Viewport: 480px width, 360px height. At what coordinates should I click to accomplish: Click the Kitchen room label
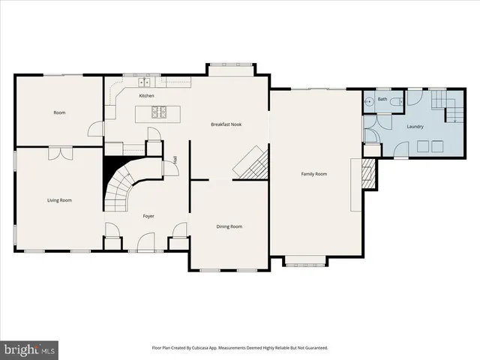click(x=147, y=96)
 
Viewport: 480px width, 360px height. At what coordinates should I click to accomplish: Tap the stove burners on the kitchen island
click(x=159, y=113)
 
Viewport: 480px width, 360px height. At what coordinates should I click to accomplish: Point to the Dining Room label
click(x=229, y=226)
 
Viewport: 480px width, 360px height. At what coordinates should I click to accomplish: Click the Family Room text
click(x=314, y=174)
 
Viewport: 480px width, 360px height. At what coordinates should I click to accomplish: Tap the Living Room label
click(x=59, y=200)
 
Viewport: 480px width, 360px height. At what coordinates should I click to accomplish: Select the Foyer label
click(x=148, y=216)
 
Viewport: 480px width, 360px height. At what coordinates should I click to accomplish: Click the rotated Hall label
click(x=175, y=159)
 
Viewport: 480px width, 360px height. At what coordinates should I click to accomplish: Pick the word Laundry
click(x=415, y=127)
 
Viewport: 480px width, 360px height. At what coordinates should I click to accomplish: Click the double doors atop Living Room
click(x=58, y=153)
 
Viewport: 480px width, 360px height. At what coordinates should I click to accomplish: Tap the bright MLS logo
click(x=30, y=349)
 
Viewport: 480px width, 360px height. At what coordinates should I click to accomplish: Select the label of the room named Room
click(x=59, y=112)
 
